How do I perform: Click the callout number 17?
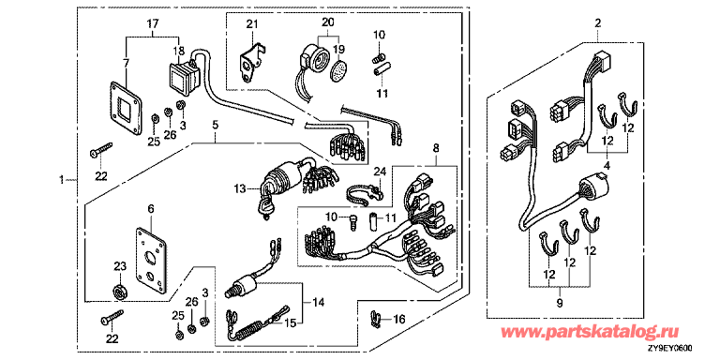153,22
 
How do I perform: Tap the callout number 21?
251,24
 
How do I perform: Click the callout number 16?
399,317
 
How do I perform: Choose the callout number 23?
119,267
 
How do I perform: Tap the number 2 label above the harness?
597,22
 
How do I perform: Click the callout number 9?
560,304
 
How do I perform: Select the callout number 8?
436,148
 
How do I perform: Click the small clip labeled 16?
376,319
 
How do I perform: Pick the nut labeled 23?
120,292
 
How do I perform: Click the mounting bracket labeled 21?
250,61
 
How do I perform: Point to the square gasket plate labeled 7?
125,109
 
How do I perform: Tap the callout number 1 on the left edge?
62,180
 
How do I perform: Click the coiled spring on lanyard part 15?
247,331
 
